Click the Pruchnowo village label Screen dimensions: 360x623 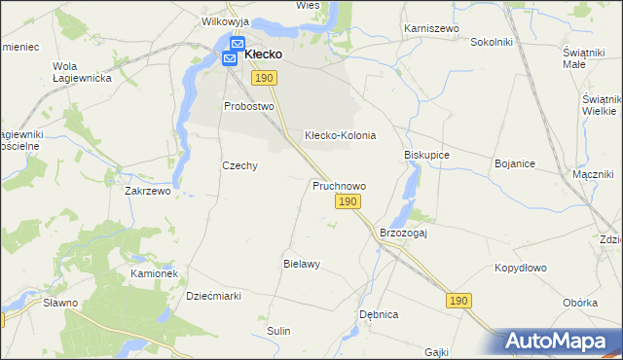tap(339, 185)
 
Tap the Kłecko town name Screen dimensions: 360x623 tap(263, 54)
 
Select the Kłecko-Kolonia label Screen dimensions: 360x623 tap(340, 136)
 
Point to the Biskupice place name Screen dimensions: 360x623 tap(426, 155)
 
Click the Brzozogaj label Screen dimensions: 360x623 tap(404, 234)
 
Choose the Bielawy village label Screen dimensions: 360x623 tap(302, 264)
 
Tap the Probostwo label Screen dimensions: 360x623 tap(249, 106)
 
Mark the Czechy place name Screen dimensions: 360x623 tap(239, 165)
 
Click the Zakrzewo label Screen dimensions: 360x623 tap(148, 192)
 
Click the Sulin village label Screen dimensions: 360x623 tap(279, 331)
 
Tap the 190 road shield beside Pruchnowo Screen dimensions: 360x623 tap(348, 201)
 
